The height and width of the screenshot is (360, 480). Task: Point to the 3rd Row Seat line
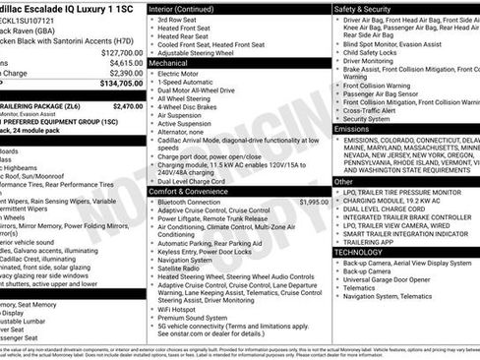[178, 20]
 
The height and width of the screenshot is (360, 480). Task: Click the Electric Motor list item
[182, 73]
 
